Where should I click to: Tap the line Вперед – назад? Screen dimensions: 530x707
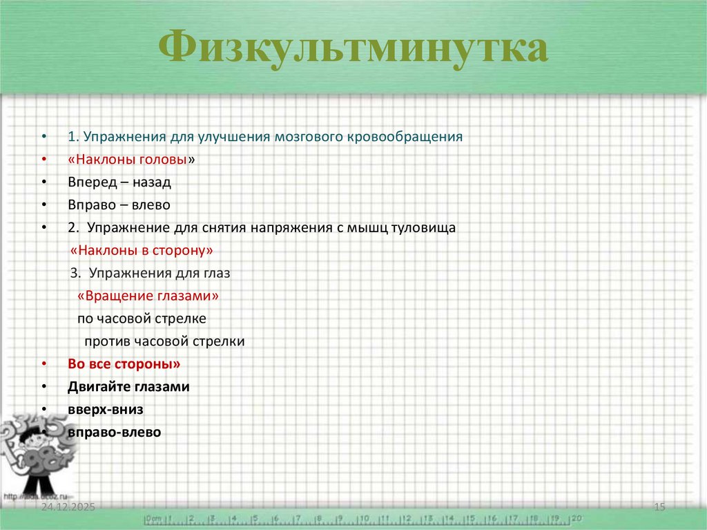119,182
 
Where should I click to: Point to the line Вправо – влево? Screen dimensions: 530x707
118,205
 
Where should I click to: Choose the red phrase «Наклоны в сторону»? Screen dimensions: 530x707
142,250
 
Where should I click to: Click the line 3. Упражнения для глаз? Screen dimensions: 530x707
150,273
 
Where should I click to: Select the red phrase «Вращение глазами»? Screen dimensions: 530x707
148,296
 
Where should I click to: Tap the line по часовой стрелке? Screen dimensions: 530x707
142,319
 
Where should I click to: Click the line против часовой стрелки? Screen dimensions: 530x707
164,341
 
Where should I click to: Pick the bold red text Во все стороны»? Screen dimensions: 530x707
124,364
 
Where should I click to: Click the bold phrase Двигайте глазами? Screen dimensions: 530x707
128,387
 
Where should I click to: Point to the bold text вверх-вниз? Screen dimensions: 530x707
106,410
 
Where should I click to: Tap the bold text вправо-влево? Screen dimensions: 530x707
114,433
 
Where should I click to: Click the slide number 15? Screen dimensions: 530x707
659,508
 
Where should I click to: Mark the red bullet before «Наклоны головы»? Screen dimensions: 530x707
44,160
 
